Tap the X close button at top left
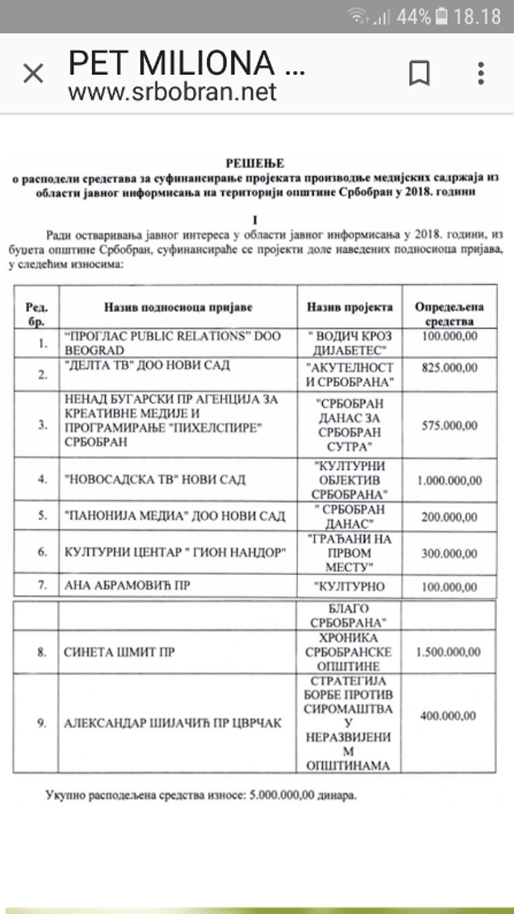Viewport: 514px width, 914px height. click(x=33, y=73)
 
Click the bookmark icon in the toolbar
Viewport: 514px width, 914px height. click(x=419, y=73)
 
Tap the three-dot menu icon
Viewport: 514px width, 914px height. click(x=481, y=73)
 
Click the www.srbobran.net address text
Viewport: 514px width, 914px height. click(x=172, y=92)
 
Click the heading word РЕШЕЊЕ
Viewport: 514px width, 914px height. click(x=255, y=163)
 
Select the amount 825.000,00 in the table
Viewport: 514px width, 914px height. click(x=449, y=368)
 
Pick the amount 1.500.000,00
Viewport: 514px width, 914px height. click(x=448, y=652)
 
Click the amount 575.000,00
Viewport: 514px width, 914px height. click(x=449, y=425)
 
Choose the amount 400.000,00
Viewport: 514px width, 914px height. click(x=448, y=716)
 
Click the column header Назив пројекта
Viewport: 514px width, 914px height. click(x=349, y=307)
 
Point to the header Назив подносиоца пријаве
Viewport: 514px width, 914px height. click(x=178, y=307)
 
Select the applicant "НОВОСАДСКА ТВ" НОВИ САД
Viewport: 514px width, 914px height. click(x=155, y=480)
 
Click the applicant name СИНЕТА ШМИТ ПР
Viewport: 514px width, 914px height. click(x=119, y=652)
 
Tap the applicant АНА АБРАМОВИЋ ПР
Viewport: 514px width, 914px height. click(x=127, y=586)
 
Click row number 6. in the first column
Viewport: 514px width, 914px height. click(x=42, y=552)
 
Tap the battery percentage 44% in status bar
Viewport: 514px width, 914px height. click(x=413, y=17)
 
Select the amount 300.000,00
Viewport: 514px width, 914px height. click(x=449, y=554)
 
